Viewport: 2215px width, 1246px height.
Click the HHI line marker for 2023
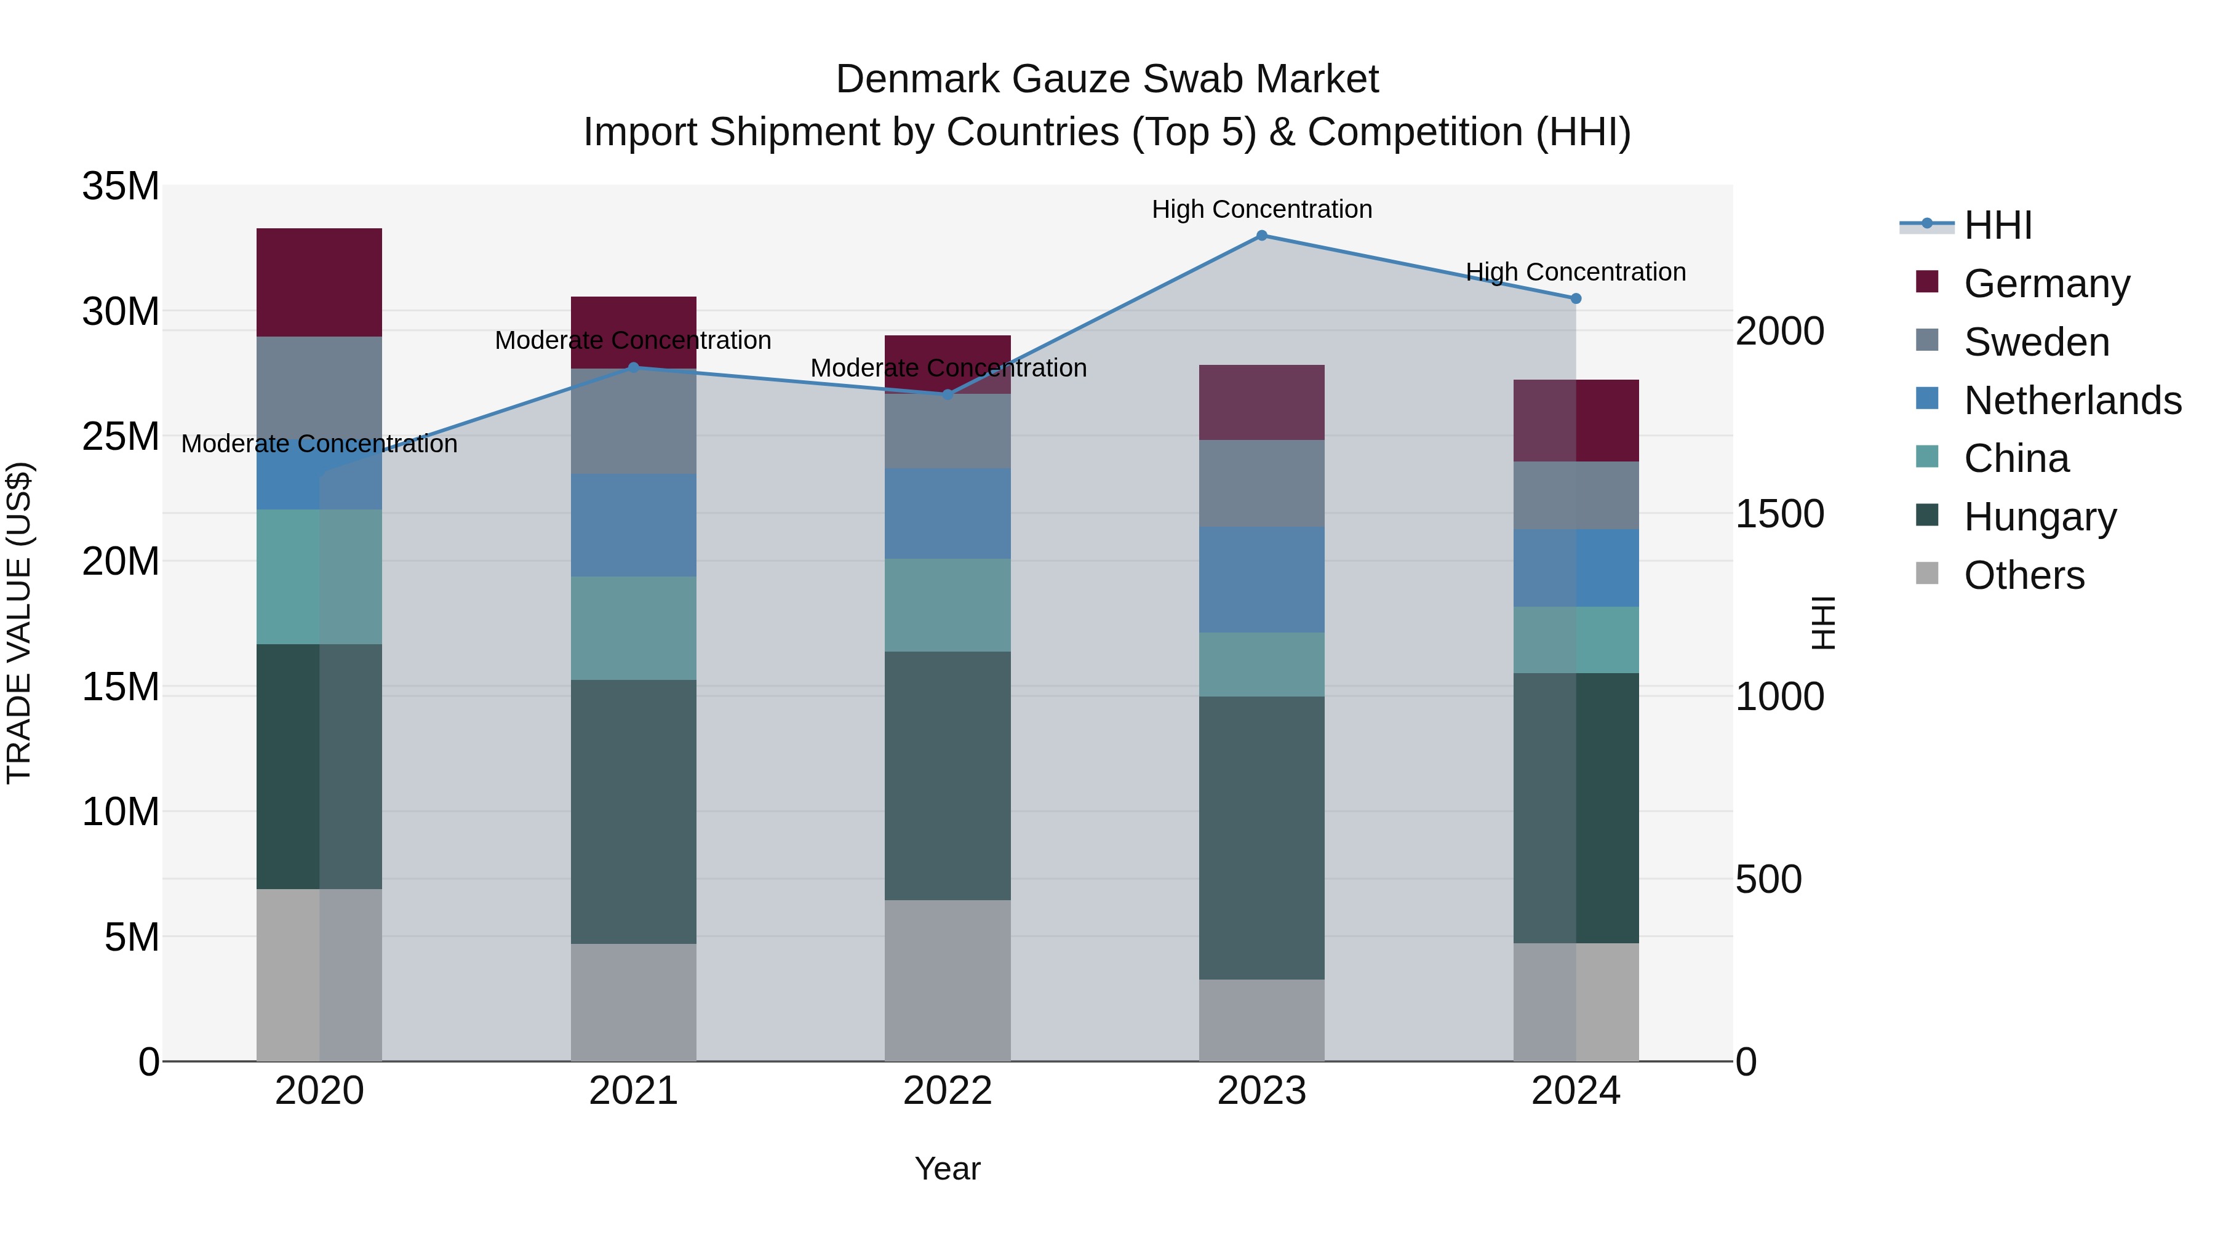coord(1261,236)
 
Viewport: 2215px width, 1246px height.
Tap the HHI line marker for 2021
coord(634,368)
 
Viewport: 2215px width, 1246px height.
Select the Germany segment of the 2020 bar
coord(319,282)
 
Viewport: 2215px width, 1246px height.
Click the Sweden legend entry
coord(2036,342)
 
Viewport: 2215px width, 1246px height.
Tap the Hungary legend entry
coord(2040,517)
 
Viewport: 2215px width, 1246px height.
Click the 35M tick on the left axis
coord(121,186)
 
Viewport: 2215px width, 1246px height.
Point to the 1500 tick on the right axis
coord(1779,514)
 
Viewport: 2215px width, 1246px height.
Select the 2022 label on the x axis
coord(948,1091)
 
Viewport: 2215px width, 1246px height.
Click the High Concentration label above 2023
coord(1261,209)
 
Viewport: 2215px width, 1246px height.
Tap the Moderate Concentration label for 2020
coord(319,444)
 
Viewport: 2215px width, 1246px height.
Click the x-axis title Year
coord(948,1168)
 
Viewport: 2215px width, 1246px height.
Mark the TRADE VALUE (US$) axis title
coord(19,623)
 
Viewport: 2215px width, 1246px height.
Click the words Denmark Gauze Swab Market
coord(1107,79)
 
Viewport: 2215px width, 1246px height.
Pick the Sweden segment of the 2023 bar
coord(1261,483)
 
